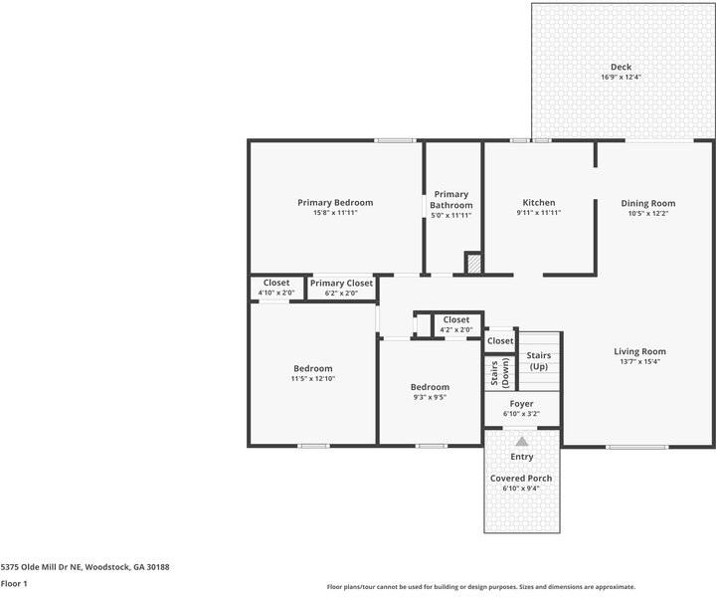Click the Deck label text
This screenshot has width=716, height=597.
[621, 67]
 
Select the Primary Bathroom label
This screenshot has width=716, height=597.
[450, 200]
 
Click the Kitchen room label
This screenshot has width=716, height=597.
[538, 203]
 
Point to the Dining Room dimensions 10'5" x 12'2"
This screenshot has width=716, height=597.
[647, 213]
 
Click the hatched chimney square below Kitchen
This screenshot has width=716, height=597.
[474, 264]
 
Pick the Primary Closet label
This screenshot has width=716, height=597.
[341, 284]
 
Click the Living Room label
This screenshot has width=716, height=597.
[639, 351]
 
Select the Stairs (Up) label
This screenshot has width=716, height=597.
[538, 361]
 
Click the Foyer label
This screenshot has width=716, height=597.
[521, 404]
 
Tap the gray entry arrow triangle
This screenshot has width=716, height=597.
[521, 440]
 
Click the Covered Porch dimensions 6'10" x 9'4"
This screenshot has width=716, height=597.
[521, 489]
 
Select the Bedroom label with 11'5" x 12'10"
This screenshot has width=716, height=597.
[312, 368]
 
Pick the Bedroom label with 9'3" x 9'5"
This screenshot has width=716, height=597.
[430, 387]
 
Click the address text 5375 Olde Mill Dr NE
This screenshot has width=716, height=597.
[85, 566]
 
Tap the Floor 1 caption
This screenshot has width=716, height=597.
[14, 584]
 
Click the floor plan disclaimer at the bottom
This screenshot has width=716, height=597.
[480, 587]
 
